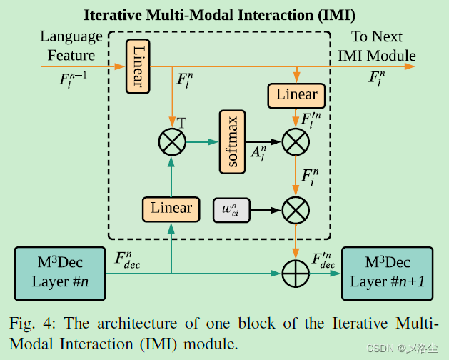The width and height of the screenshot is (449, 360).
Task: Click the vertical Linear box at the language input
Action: pos(137,66)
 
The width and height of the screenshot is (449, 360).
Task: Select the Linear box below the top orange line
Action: pos(296,95)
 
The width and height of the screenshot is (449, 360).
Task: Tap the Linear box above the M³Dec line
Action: pos(171,209)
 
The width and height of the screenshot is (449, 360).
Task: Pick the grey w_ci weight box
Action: pos(232,210)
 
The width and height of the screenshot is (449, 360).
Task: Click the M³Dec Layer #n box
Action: pos(60,273)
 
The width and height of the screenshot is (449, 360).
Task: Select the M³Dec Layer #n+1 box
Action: pos(387,273)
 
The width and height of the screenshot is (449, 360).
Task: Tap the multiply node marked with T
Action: pos(171,142)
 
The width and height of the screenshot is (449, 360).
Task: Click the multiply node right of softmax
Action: pos(296,142)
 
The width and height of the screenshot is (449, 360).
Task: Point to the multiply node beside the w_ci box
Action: pos(296,210)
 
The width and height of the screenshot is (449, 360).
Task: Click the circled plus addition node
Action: pos(296,273)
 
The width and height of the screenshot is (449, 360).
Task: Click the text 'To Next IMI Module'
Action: pos(377,46)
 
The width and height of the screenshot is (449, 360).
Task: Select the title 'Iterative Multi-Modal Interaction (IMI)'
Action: pos(220,15)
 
